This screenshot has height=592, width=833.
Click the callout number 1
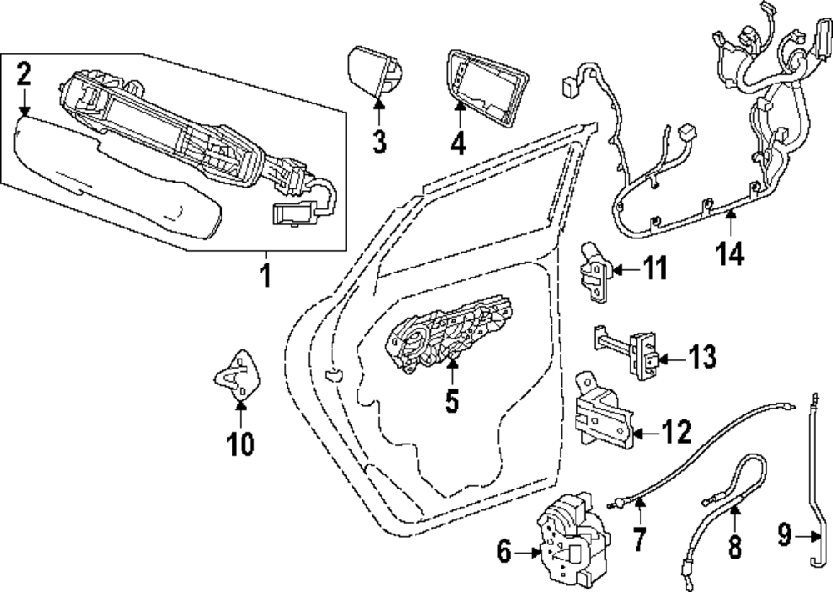[266, 275]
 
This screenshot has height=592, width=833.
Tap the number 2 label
[24, 75]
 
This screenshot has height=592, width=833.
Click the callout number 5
[451, 400]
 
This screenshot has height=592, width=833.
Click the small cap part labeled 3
[372, 73]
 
